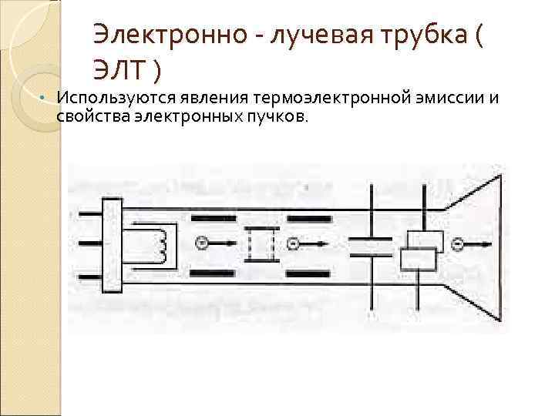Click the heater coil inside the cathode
[x=163, y=244]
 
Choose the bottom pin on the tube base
[x=87, y=275]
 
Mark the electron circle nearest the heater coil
[x=200, y=243]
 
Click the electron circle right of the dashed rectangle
[x=293, y=244]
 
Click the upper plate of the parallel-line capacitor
[x=372, y=240]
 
